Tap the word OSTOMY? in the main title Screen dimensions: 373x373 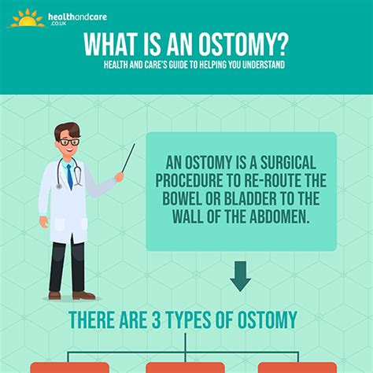click(x=242, y=44)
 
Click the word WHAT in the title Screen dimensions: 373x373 click(x=110, y=44)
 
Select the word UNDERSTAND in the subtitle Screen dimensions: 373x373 click(x=264, y=65)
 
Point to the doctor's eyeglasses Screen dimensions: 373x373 click(x=68, y=142)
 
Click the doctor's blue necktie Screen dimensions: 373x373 click(x=70, y=176)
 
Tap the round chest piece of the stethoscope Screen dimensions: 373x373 click(x=59, y=186)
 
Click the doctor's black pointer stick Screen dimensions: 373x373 click(x=128, y=158)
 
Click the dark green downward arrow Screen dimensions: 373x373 click(x=240, y=276)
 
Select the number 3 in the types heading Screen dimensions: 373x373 click(x=156, y=319)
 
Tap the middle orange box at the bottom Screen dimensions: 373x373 click(x=185, y=367)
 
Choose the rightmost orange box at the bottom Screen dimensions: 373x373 click(x=297, y=367)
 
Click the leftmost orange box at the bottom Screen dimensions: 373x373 click(x=69, y=367)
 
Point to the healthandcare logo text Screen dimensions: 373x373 click(x=77, y=18)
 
